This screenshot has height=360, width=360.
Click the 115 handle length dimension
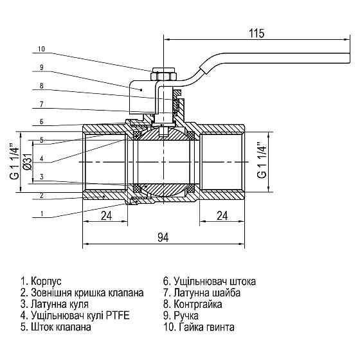[x=256, y=33]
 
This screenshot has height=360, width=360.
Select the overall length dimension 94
[x=162, y=238]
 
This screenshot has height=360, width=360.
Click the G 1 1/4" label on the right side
[x=262, y=161]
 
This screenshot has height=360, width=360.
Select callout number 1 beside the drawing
[x=41, y=213]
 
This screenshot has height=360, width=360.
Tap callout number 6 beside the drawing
[x=41, y=122]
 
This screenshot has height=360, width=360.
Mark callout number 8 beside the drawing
[x=41, y=85]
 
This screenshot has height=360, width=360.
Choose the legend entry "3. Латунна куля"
[x=55, y=304]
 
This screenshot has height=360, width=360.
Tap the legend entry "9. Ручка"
[x=186, y=316]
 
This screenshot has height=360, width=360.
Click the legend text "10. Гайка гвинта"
[x=199, y=327]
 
